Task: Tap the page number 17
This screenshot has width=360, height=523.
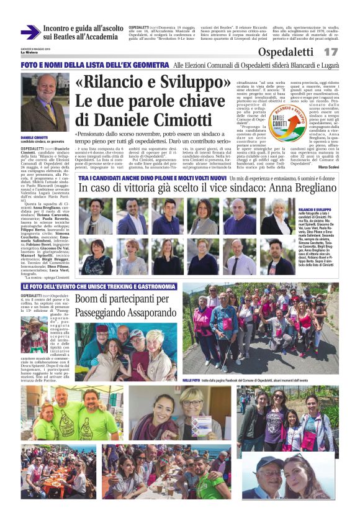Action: (x=331, y=52)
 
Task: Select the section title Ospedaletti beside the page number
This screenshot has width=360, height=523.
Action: (x=286, y=52)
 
